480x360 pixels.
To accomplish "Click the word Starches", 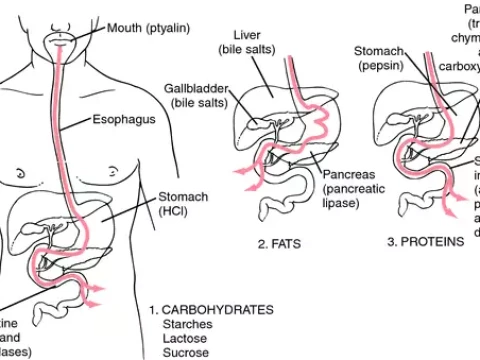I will click(187, 325).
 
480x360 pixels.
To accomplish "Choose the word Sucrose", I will click(187, 353).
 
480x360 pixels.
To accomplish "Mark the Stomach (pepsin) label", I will click(384, 57).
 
